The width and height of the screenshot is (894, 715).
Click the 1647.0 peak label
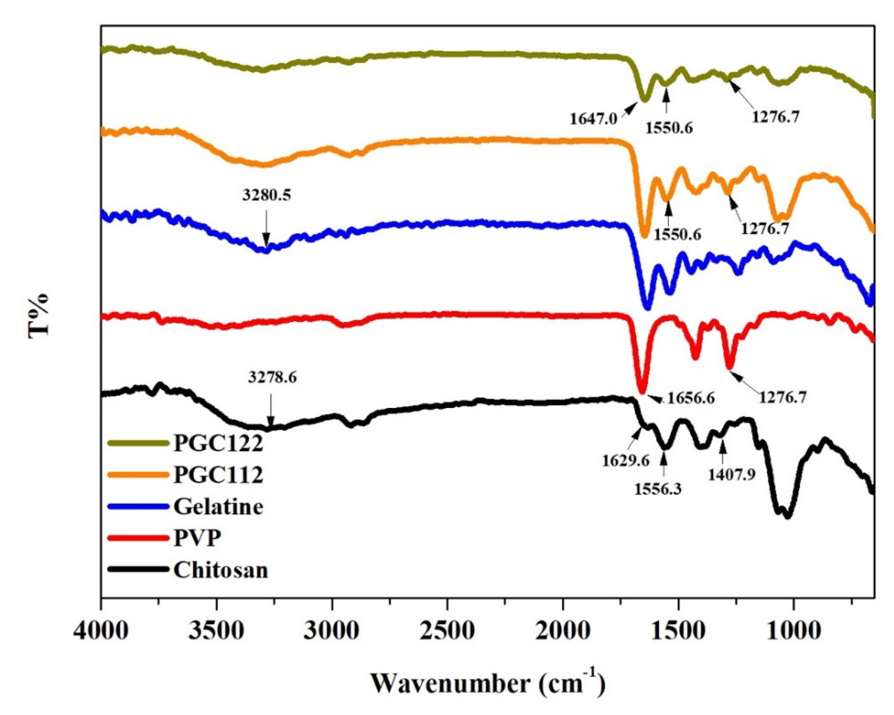(x=593, y=119)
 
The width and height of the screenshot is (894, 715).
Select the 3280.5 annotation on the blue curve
(x=267, y=195)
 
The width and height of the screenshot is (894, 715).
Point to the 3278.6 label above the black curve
(x=273, y=377)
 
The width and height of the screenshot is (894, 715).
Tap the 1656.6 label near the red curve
(x=690, y=398)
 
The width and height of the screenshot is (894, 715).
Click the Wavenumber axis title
(x=488, y=683)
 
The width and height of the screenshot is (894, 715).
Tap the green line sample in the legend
(x=138, y=443)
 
